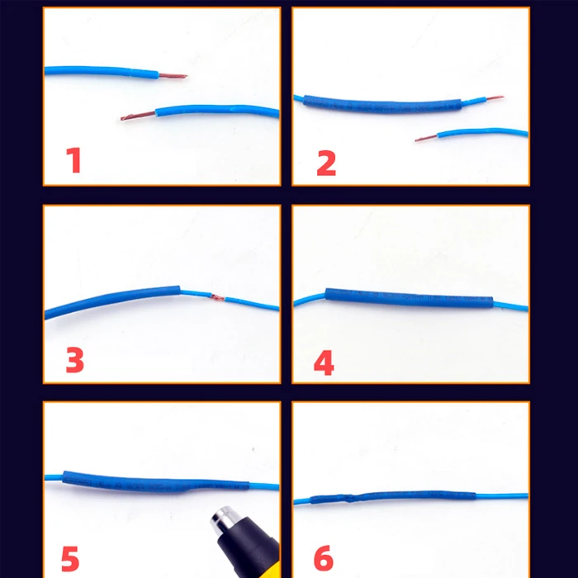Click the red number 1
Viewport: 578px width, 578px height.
73,160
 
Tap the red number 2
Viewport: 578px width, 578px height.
326,163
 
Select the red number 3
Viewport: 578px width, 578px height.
74,360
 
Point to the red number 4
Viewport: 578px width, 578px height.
324,362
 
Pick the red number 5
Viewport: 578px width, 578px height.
70,558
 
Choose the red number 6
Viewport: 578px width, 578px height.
324,557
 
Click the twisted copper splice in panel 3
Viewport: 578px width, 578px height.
217,297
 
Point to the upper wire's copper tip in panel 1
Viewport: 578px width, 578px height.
173,76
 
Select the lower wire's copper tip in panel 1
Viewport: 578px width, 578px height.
138,116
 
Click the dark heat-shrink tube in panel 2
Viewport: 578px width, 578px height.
382,104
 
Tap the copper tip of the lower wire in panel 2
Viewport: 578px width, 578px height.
427,138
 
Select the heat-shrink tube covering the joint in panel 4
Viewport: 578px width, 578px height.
410,298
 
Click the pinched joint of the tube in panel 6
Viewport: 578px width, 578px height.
349,498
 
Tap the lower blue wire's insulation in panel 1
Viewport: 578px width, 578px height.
217,110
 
